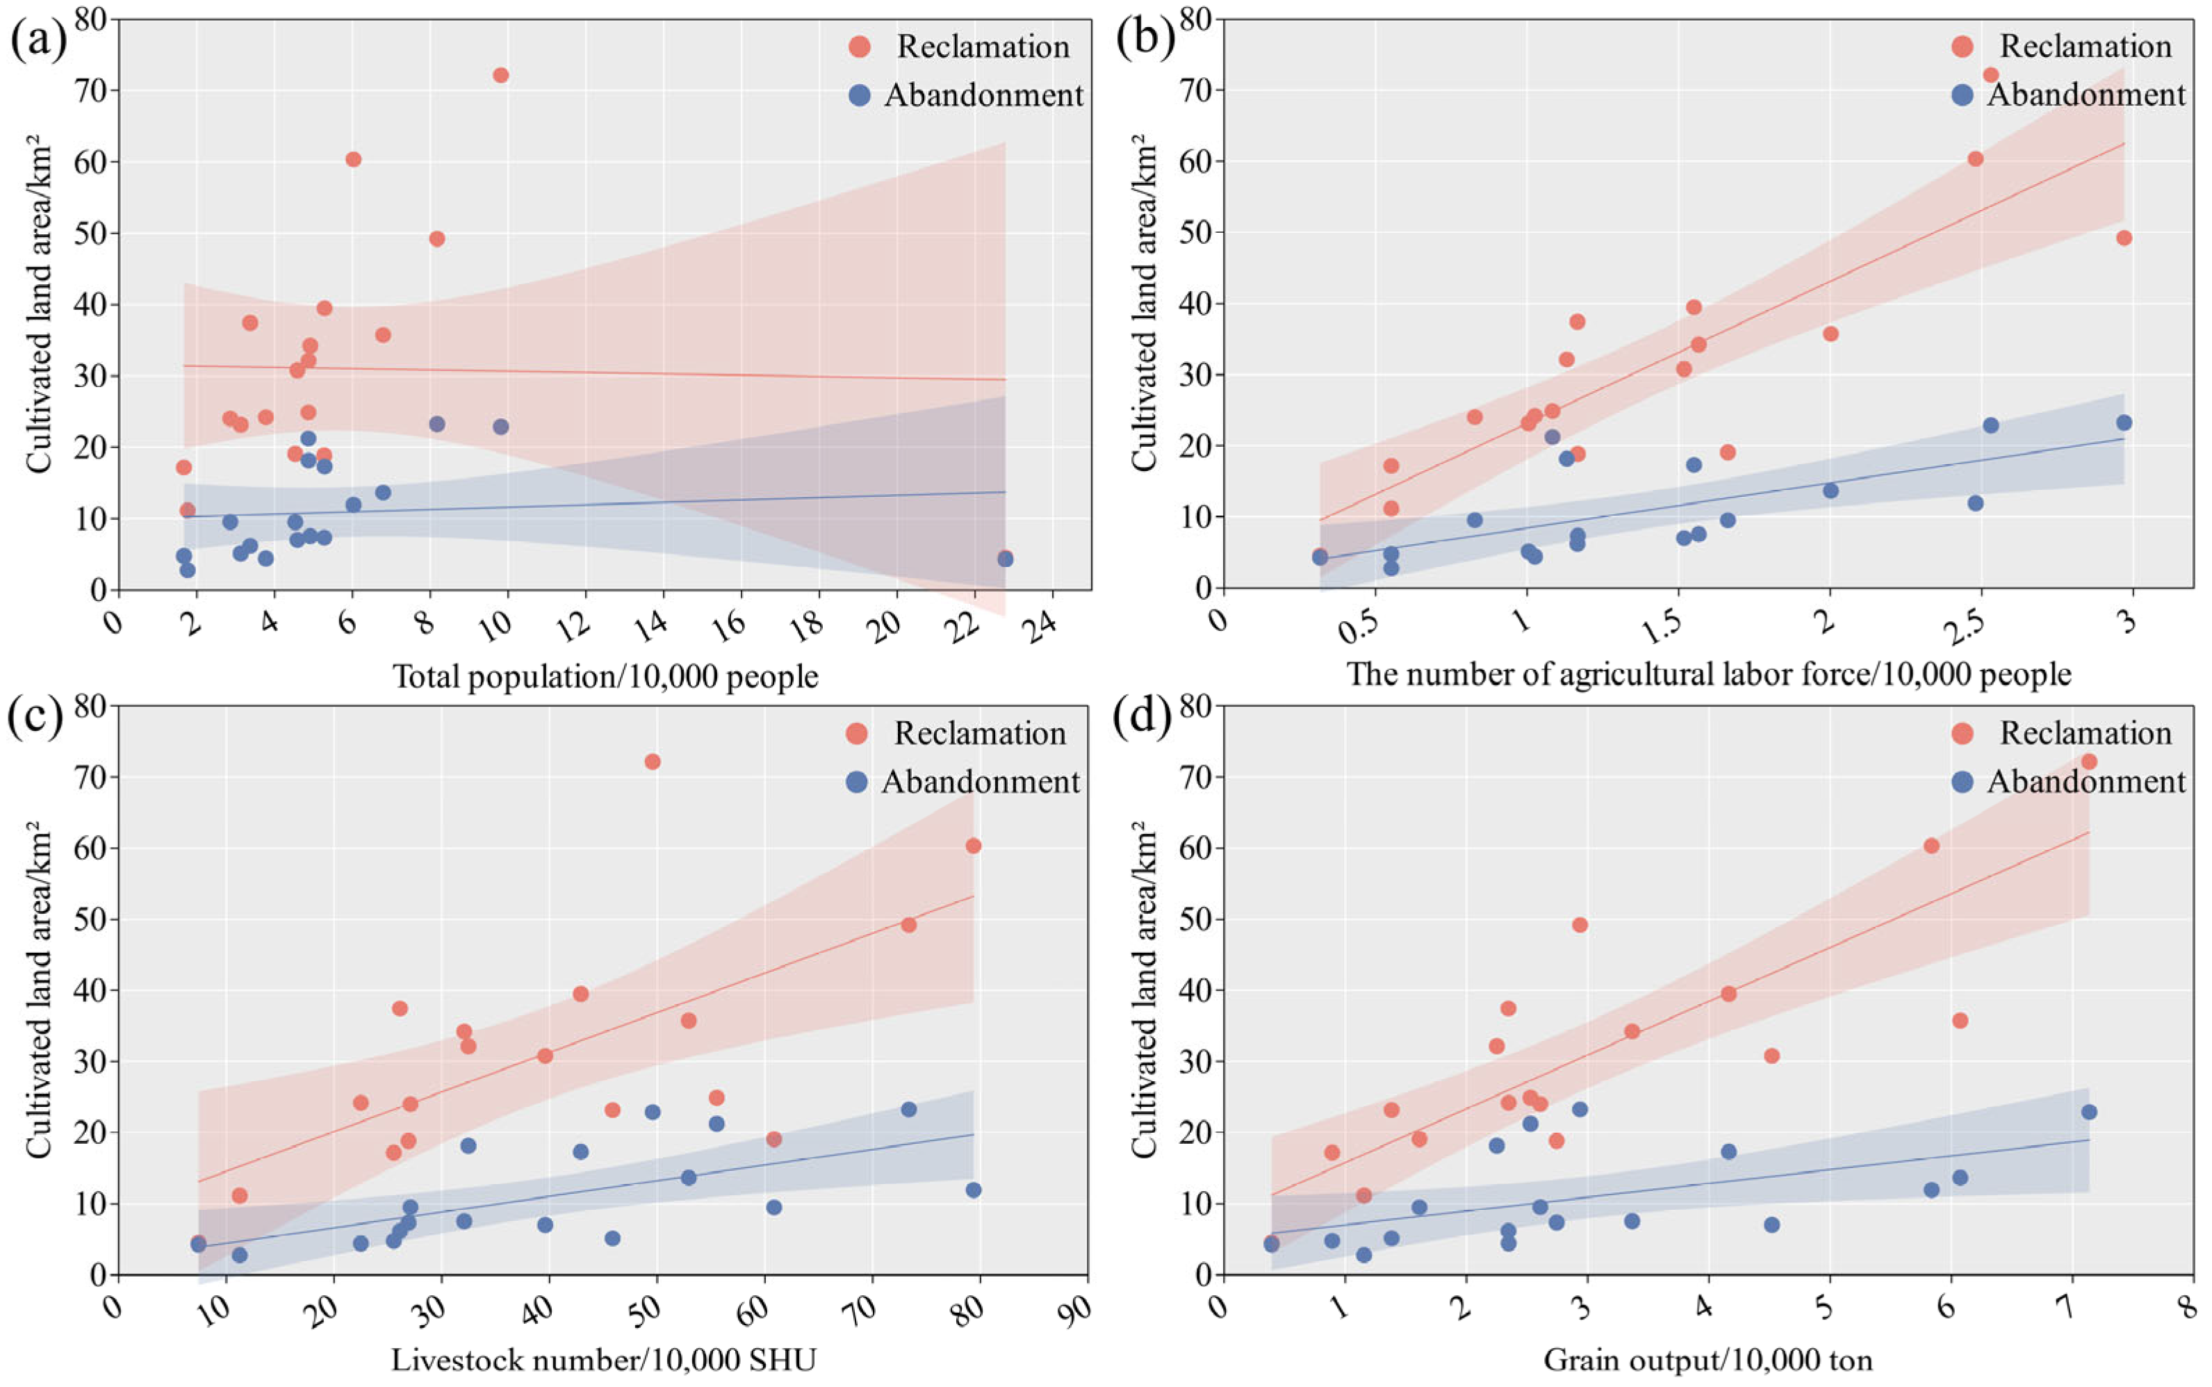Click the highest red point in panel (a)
(500, 75)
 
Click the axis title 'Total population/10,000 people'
(605, 677)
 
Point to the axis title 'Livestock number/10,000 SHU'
(604, 1359)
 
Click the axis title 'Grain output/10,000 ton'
(1707, 1359)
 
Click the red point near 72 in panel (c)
(653, 762)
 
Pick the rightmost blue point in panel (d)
(2089, 1112)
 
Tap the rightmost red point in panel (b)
(2124, 238)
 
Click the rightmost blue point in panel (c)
(974, 1190)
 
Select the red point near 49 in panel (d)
(1580, 925)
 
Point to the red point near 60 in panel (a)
(353, 158)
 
